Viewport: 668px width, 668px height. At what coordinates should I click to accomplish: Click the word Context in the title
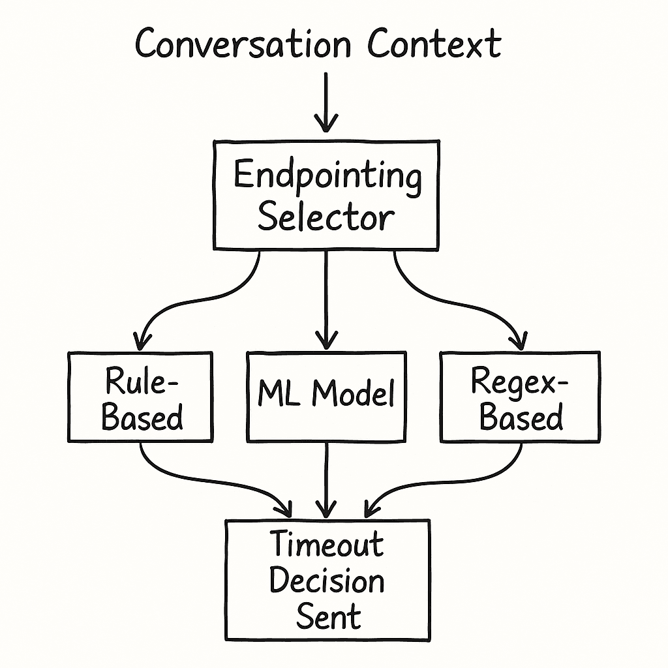pos(434,44)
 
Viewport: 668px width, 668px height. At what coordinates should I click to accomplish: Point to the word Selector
pos(326,217)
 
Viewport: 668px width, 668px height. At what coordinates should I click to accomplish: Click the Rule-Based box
pos(140,397)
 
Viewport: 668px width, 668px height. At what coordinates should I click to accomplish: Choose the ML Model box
pos(326,396)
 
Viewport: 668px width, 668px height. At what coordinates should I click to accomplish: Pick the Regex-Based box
pos(520,396)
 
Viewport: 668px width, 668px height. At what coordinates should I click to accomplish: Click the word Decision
pos(327,581)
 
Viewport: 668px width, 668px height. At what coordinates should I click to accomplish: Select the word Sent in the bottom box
pos(328,616)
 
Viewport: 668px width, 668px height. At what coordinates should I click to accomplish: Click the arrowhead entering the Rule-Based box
pos(140,341)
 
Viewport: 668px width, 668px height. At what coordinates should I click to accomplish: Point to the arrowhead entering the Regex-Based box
pos(519,340)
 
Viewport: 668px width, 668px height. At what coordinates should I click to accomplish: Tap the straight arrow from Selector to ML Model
pos(326,294)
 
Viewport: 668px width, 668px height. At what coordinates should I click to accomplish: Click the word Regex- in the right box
pos(520,380)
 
